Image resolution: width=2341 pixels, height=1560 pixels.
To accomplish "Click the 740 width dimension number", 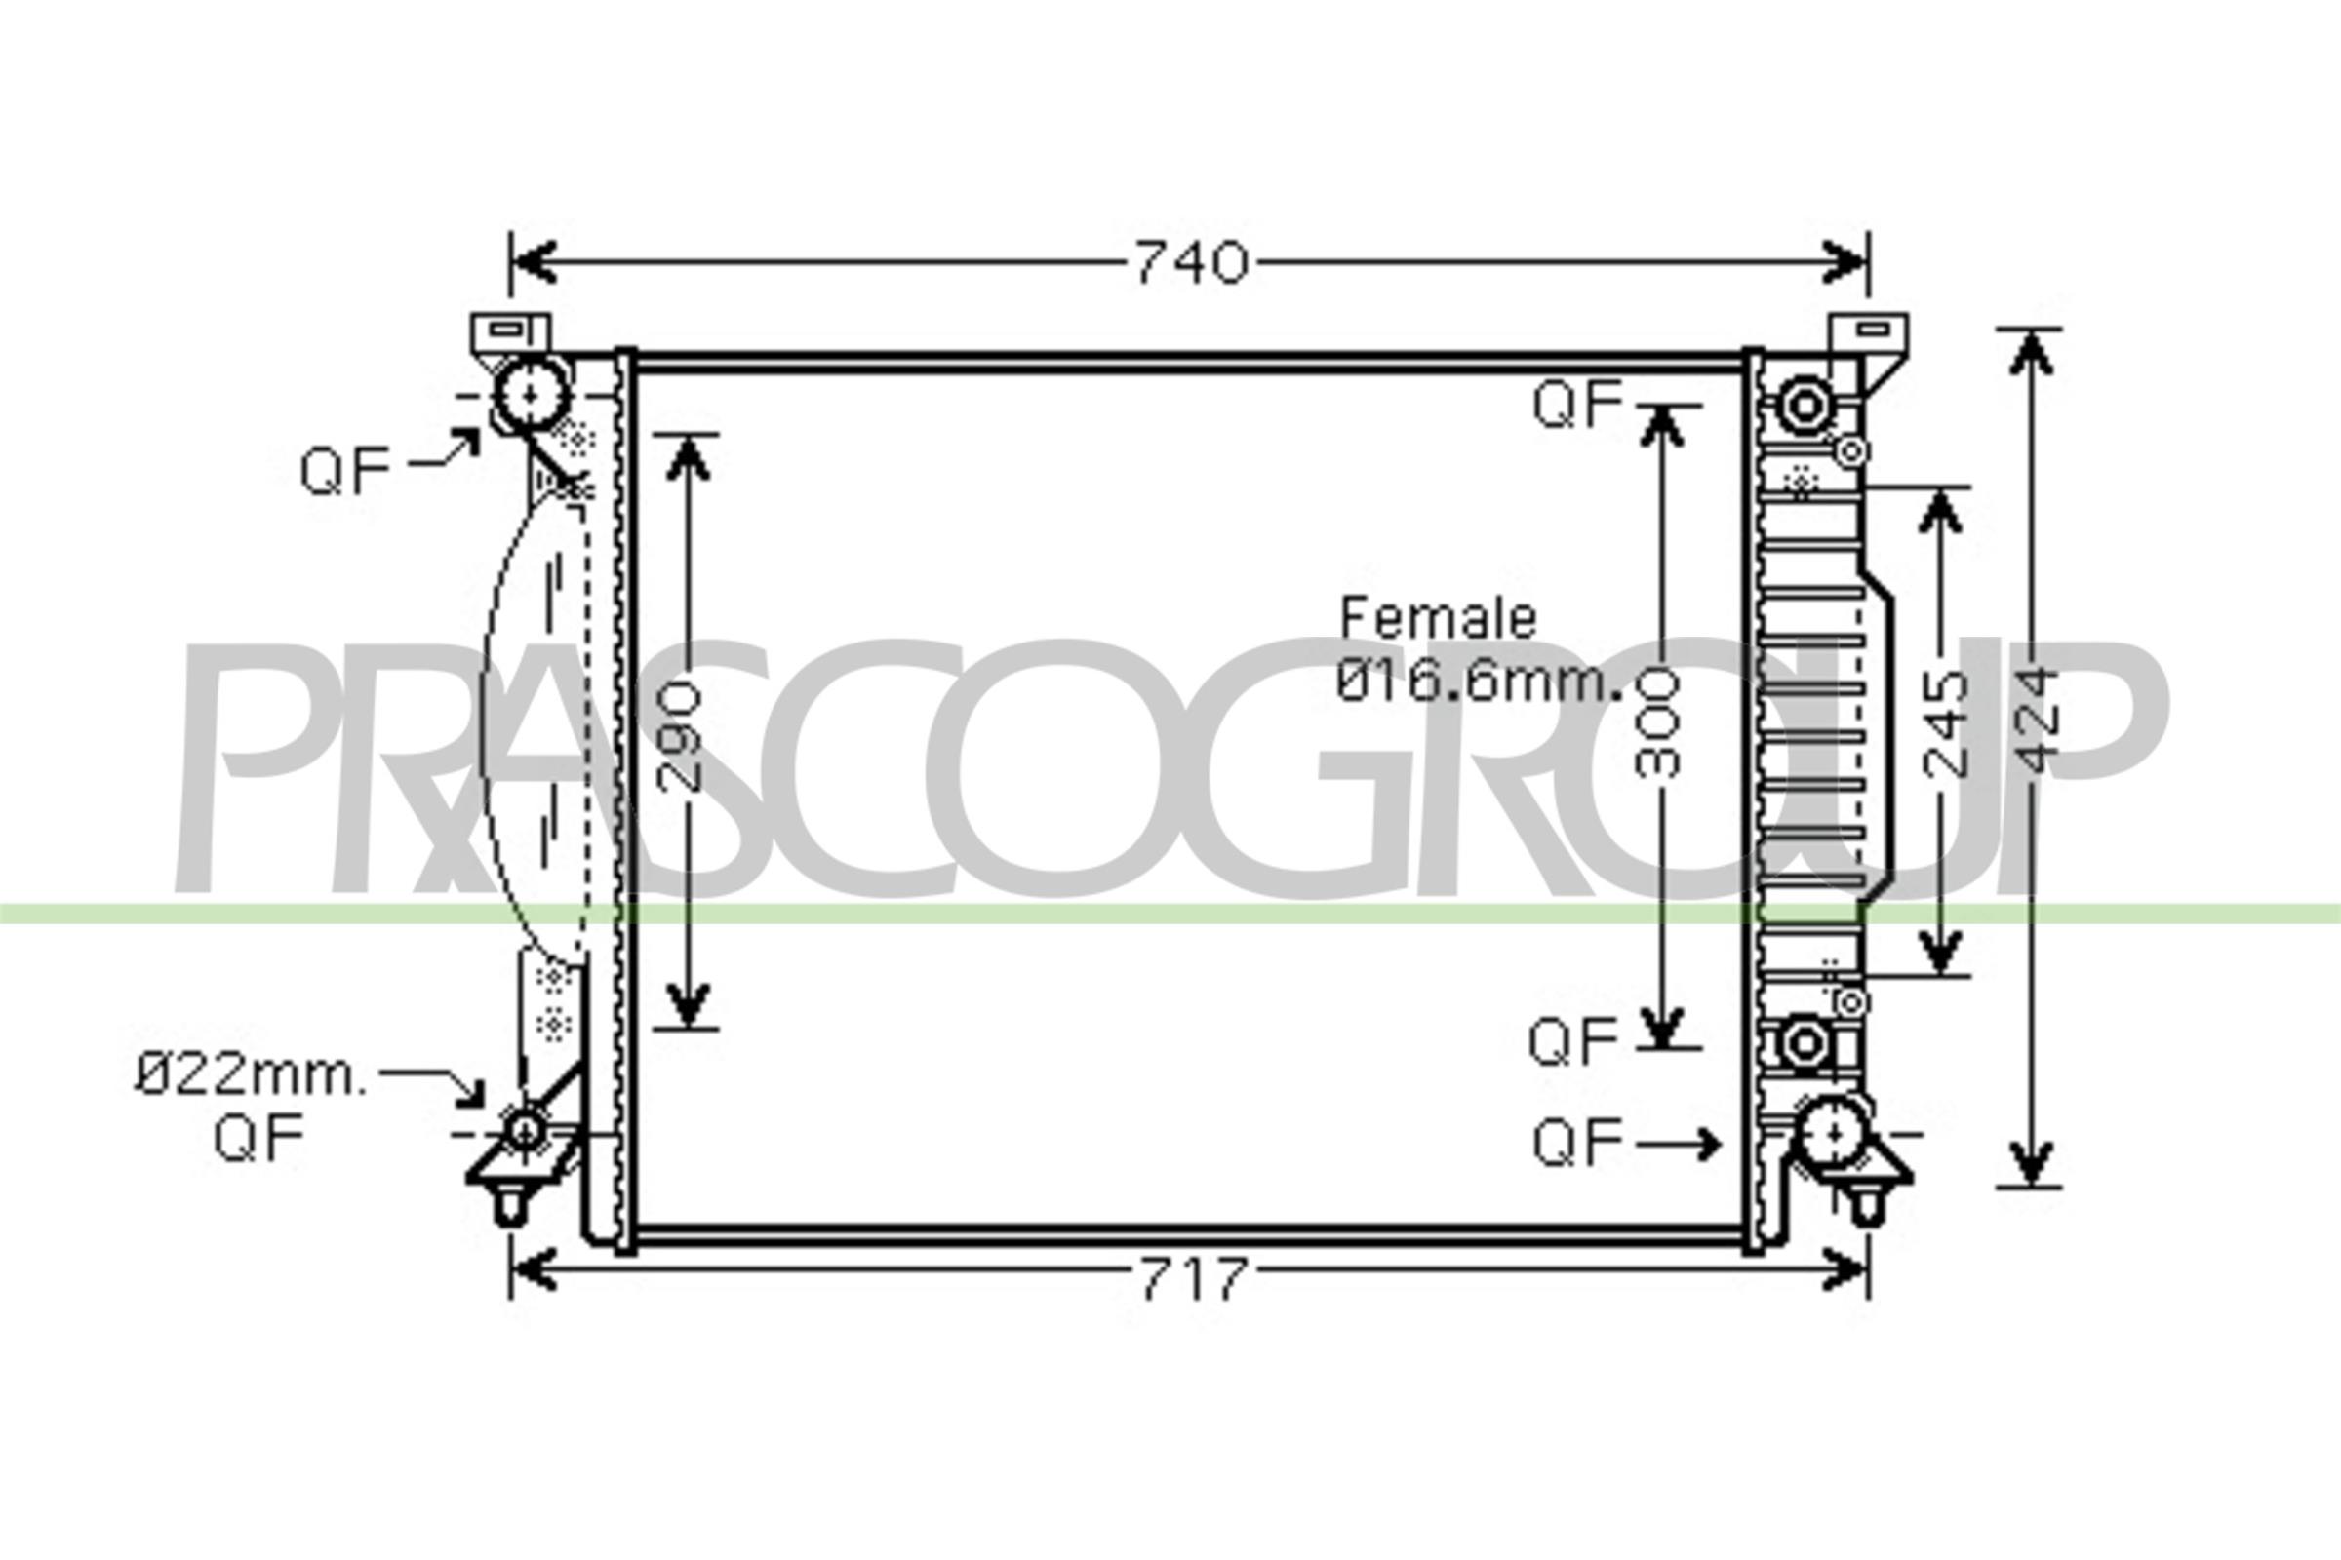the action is pos(1191,263).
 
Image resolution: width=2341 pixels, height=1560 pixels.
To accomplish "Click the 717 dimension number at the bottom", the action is pos(1192,1279).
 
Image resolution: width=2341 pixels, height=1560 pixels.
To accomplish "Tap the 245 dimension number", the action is pos(1945,723).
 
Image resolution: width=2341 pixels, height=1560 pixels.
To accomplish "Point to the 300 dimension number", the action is pos(1658,723).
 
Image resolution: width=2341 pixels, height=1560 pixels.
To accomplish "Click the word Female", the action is pos(1438,618).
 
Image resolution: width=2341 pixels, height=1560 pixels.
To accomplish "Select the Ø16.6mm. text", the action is pos(1479,682).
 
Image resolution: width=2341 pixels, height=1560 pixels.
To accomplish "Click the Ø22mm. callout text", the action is pos(251,1076).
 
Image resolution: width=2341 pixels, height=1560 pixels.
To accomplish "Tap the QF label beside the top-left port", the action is pos(345,471).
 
